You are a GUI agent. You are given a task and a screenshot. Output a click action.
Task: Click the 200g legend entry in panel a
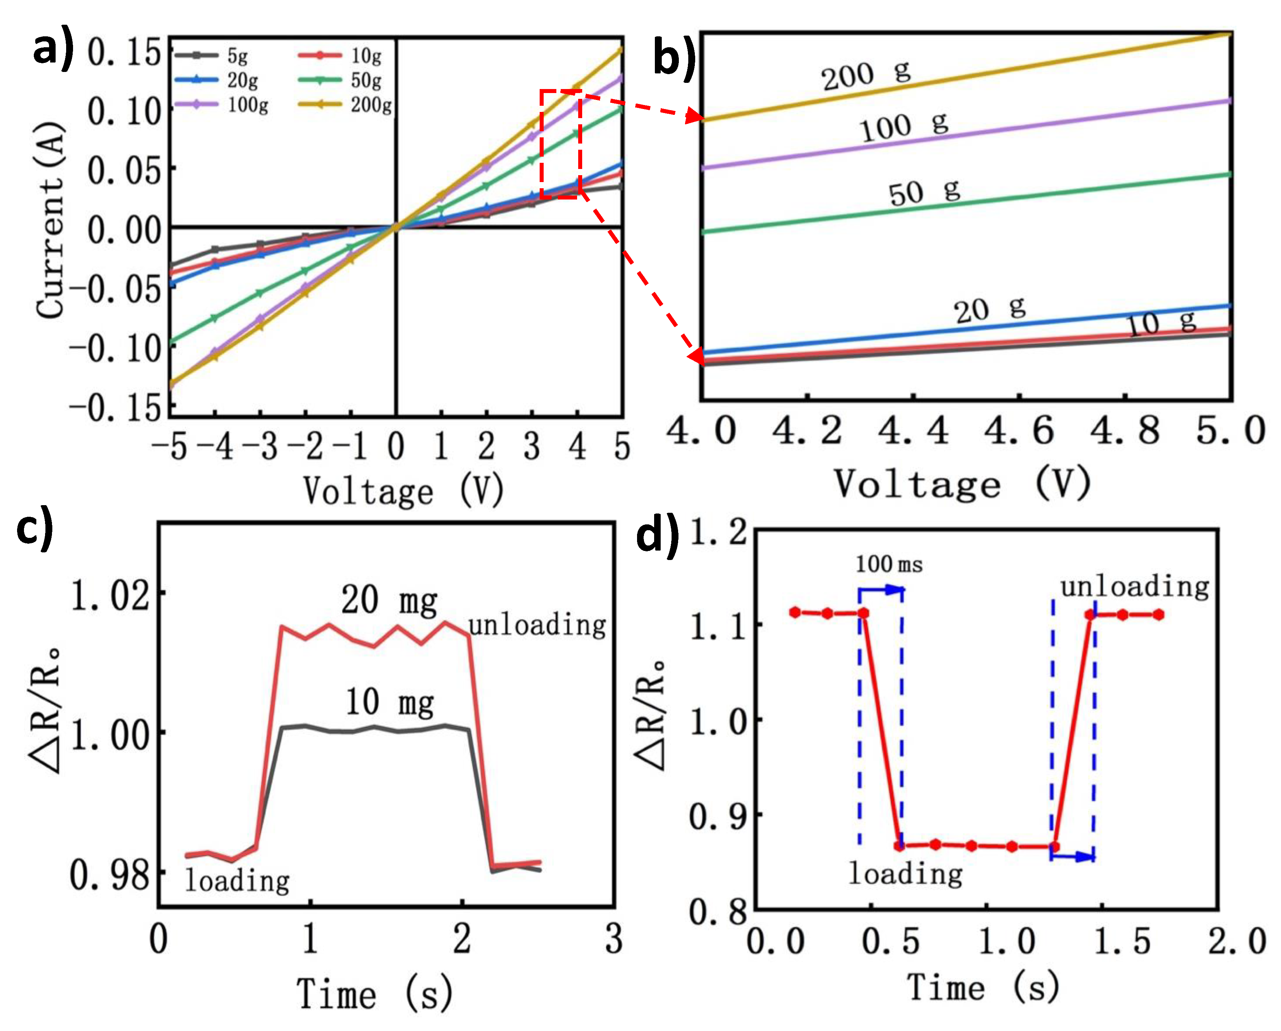pos(345,105)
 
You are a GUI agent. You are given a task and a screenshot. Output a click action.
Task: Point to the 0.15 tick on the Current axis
pos(125,53)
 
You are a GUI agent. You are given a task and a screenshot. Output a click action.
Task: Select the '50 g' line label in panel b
pos(924,192)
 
